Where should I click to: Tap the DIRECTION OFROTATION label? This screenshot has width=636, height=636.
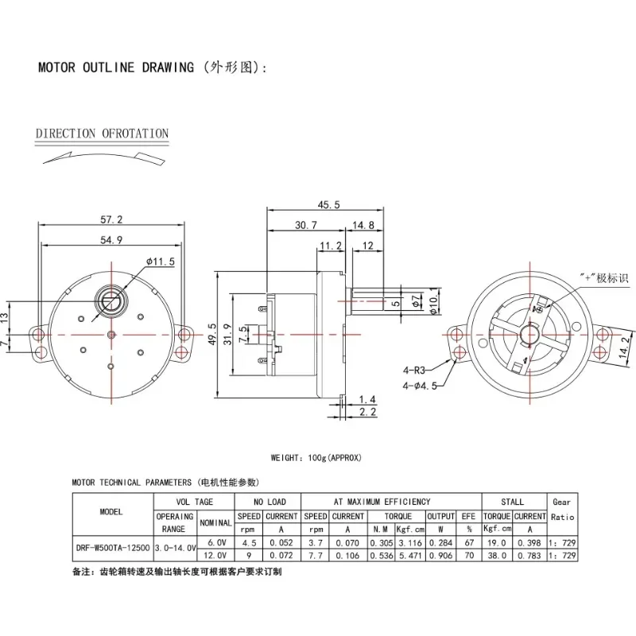103,134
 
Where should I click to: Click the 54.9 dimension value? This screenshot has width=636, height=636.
111,239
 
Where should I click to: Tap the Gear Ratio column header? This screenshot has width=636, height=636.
561,509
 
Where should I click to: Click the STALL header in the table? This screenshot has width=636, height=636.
513,502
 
